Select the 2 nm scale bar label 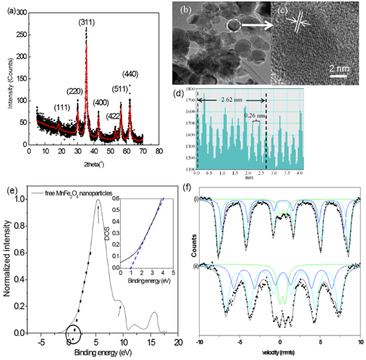pos(339,68)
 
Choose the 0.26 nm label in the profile pos(253,115)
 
